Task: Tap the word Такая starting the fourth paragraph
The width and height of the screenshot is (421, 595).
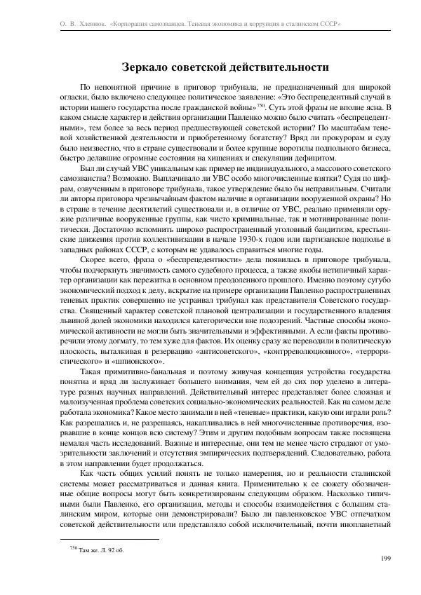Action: point(94,372)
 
